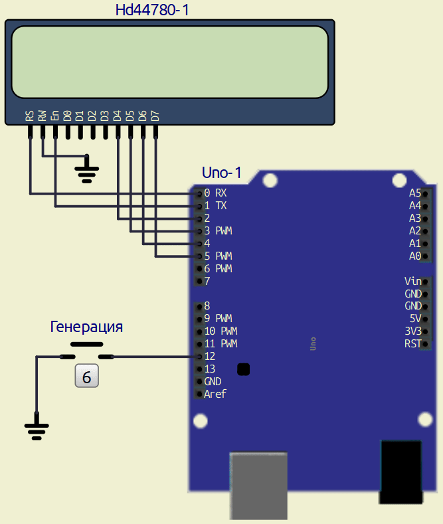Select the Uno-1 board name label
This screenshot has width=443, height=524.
click(221, 173)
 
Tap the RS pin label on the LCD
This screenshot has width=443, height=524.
click(29, 116)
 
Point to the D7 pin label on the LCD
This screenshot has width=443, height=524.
click(155, 116)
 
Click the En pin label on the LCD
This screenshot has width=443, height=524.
click(54, 116)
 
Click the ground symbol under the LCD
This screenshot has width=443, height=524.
click(86, 171)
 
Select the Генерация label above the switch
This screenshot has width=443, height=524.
click(86, 327)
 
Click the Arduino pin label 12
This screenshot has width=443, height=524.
click(210, 357)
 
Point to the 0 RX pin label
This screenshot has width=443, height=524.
click(215, 193)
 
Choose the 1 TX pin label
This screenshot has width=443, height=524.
click(215, 206)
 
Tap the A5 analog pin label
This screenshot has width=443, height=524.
click(414, 193)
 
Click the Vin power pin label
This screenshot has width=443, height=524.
click(412, 281)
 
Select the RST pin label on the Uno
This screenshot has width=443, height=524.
click(412, 343)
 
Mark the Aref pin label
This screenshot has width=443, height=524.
click(215, 394)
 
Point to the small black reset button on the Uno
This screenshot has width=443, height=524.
click(244, 369)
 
